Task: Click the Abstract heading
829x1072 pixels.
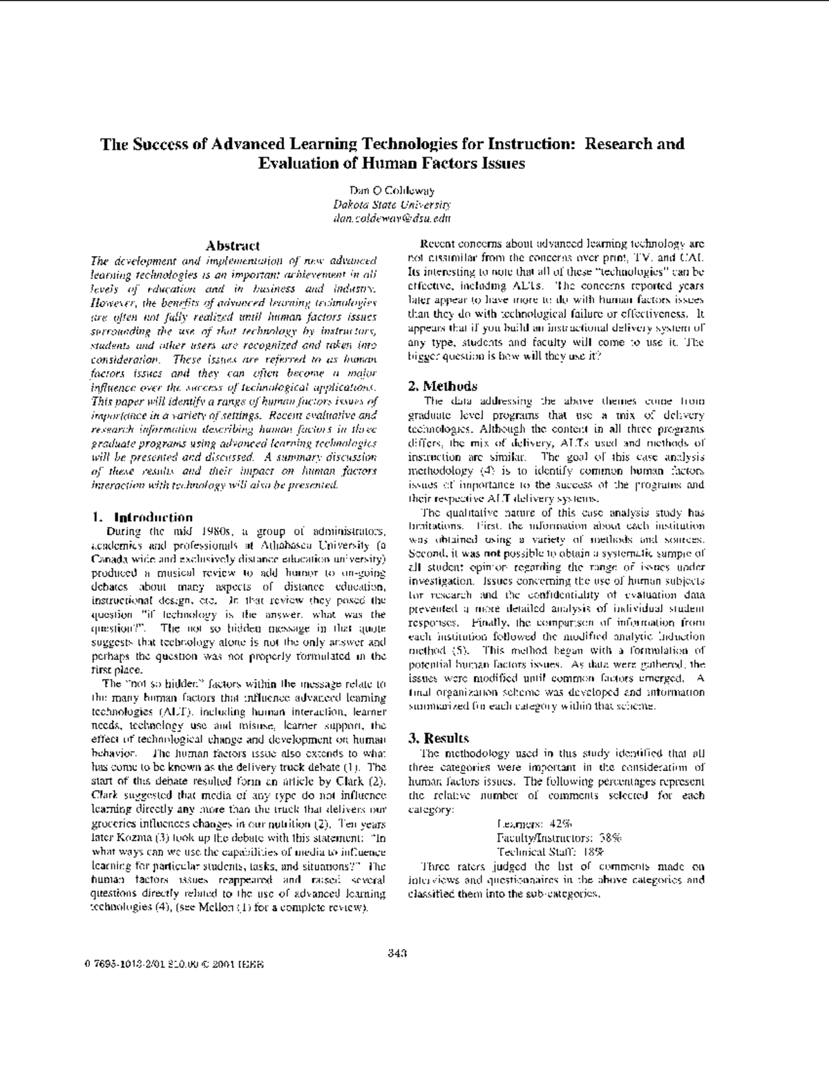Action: (x=234, y=245)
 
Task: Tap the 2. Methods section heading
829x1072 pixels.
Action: (x=443, y=386)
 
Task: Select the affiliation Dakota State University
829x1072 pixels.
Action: (x=392, y=204)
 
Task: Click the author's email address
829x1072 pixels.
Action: (x=392, y=218)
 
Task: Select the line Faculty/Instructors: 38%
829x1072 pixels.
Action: (x=559, y=837)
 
